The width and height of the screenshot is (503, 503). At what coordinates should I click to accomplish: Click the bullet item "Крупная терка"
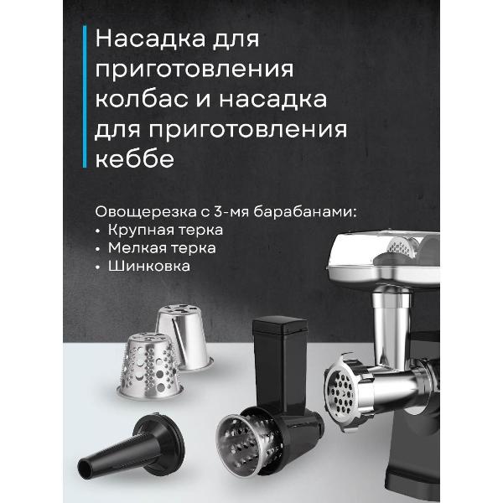click(164, 228)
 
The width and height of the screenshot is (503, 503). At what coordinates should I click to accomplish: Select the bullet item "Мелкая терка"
click(160, 247)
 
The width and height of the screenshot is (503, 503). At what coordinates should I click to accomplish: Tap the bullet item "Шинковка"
click(148, 267)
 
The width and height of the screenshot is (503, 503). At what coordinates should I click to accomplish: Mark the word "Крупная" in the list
click(137, 228)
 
